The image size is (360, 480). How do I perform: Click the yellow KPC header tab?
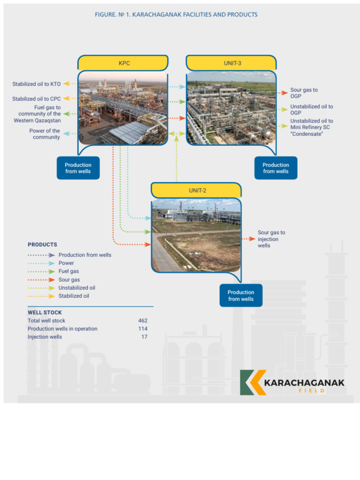tap(123, 63)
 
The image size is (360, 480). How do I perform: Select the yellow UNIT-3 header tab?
tap(232, 63)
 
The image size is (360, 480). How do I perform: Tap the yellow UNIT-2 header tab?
tap(196, 190)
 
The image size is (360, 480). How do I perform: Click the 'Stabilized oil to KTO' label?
tap(37, 84)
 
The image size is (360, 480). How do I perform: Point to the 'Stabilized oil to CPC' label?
tap(37, 99)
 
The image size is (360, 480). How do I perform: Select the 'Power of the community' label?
tap(45, 134)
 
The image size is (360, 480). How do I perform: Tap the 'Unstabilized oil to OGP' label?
tap(311, 110)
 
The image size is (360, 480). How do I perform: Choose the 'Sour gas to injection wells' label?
tap(271, 239)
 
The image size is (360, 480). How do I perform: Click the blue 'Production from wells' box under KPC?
tap(78, 168)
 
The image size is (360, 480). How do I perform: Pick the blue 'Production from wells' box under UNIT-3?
tap(276, 168)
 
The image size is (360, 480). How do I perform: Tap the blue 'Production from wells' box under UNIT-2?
tap(241, 295)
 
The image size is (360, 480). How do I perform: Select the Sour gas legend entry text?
tap(69, 280)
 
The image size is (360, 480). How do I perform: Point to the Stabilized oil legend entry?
tap(74, 296)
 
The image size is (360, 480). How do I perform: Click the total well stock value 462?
tap(142, 321)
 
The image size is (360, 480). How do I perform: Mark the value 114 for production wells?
tap(142, 329)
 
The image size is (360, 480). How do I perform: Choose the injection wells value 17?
tap(144, 337)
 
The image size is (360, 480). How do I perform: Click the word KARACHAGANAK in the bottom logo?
tap(304, 382)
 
